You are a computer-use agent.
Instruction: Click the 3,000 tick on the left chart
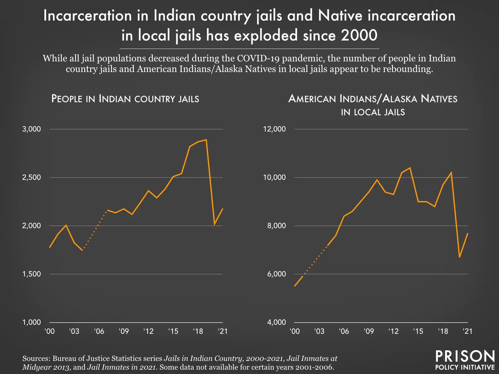pos(31,129)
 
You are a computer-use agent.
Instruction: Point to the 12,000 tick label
pos(274,129)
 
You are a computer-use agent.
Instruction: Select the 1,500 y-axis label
pos(31,274)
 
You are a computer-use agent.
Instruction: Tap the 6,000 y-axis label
pos(276,274)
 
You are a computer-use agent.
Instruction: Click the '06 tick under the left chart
pos(99,331)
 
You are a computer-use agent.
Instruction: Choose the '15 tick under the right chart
pos(418,331)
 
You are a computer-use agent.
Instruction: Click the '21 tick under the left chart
pos(222,331)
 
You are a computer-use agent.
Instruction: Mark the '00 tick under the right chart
pos(294,331)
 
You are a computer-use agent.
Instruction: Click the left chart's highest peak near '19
pos(206,140)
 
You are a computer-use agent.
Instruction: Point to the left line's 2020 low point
pos(215,224)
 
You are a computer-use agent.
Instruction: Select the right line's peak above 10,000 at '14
pos(410,168)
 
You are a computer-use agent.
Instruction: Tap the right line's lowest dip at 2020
pos(459,257)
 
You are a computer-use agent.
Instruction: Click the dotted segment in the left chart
pos(94,229)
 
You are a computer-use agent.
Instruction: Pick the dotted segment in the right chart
pos(315,260)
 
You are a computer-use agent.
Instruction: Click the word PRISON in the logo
pos(465,356)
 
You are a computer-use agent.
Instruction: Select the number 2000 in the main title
pos(359,35)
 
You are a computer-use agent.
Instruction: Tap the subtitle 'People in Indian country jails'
pos(125,99)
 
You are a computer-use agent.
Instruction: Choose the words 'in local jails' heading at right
pos(373,112)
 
